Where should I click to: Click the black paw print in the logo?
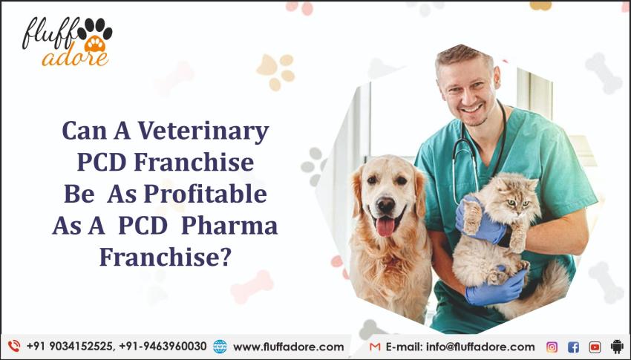pos(97,31)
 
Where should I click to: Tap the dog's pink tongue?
pos(385,226)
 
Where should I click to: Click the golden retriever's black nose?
pos(386,204)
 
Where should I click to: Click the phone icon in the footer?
pos(13,347)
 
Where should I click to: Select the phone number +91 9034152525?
pos(68,347)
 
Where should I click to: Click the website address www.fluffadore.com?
pos(288,347)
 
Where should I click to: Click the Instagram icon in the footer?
pos(552,347)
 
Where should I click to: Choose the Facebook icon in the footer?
pos(573,347)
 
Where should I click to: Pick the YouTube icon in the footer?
pos(595,347)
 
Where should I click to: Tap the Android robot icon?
pos(616,347)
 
